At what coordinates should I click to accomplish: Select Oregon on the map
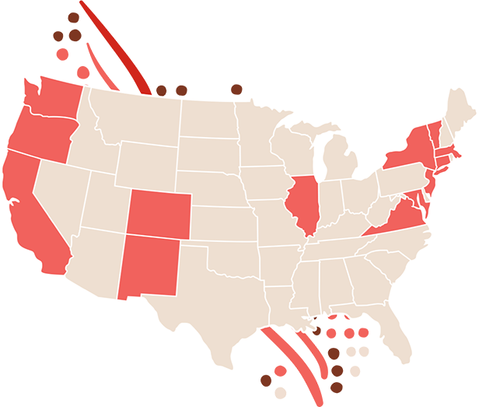(39, 136)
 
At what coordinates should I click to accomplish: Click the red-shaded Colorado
(158, 214)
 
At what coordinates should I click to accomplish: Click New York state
(408, 152)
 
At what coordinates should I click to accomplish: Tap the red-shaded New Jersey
(429, 187)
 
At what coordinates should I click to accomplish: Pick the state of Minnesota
(260, 132)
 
